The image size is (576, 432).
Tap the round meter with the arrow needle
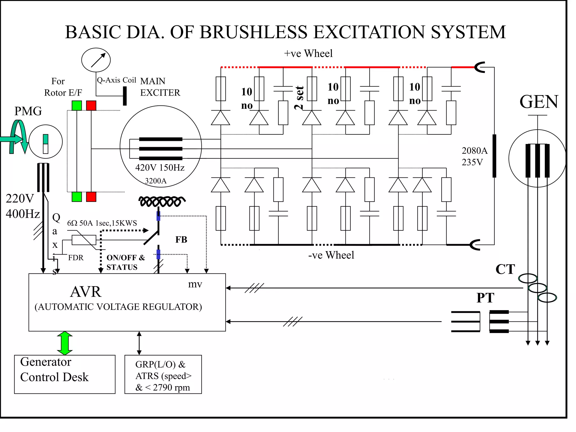tap(96, 60)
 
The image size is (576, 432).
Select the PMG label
tap(28, 111)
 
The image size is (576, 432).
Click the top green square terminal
tap(77, 105)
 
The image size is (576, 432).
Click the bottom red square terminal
tap(91, 197)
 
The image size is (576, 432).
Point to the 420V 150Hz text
tap(160, 168)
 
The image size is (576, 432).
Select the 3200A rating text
tap(156, 181)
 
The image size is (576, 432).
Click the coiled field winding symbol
tap(161, 201)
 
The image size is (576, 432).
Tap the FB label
tap(181, 240)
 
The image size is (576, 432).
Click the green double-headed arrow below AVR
tap(65, 343)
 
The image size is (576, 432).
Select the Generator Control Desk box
tap(65, 374)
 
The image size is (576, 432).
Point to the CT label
tap(505, 269)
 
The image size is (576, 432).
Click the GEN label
tap(539, 102)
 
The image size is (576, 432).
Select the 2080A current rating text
tap(474, 151)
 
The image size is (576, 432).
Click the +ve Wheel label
tap(308, 53)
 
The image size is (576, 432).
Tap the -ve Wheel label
tap(331, 255)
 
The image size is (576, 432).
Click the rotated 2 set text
tap(299, 98)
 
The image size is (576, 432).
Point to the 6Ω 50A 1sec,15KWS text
tap(102, 223)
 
